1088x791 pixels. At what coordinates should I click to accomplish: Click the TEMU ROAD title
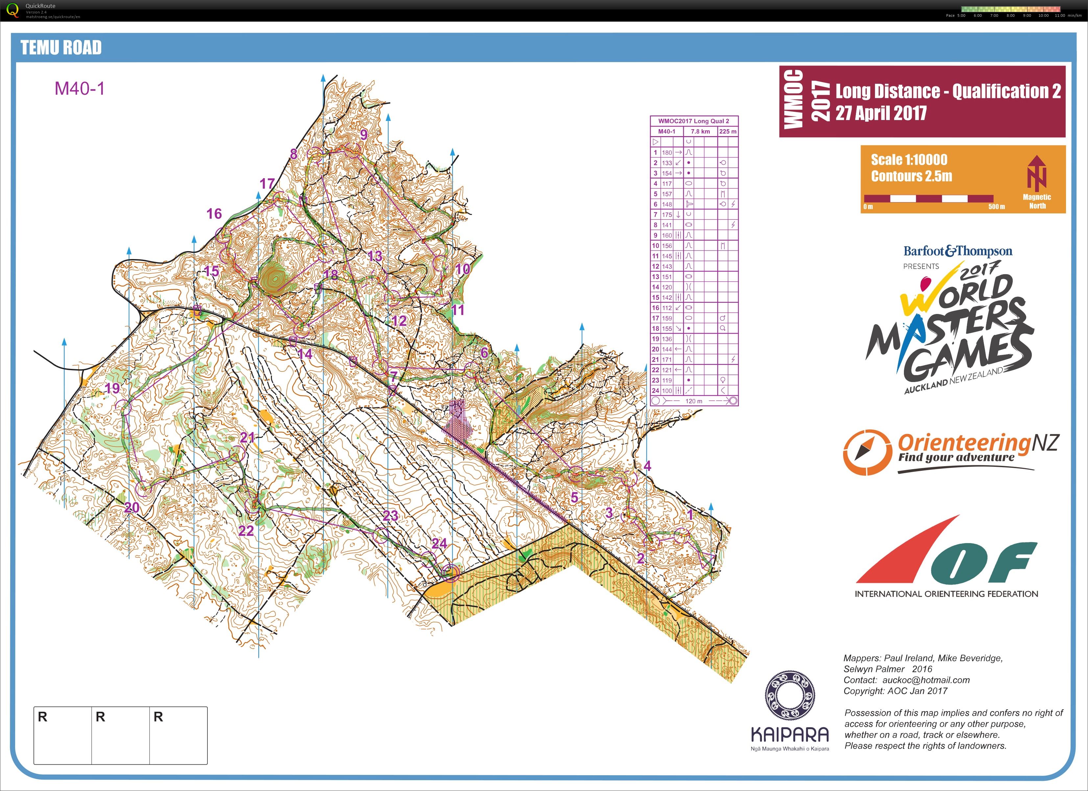pos(61,47)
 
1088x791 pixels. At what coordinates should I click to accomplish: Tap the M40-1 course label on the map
pos(79,88)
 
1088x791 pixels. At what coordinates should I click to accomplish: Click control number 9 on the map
pos(364,134)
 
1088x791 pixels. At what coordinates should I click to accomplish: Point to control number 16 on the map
pos(214,213)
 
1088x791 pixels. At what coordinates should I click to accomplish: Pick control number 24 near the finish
pos(439,543)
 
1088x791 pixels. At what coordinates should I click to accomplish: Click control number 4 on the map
pos(647,465)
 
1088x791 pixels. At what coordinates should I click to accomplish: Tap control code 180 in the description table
pos(667,153)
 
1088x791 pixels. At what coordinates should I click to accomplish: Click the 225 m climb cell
pos(728,132)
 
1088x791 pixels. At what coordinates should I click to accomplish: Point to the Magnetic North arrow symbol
pos(1036,173)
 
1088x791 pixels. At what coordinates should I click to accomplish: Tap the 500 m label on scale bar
pos(996,207)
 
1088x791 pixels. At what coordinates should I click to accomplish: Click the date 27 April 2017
pos(881,113)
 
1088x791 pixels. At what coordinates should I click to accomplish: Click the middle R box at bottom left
pos(120,735)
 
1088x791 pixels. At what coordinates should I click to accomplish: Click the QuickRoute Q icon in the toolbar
pos(13,11)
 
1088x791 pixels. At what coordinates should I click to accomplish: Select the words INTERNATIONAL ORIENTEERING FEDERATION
pos(946,594)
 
